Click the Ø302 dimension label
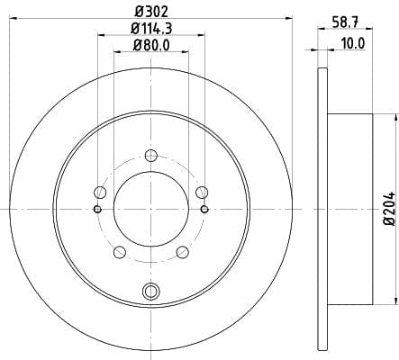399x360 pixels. [x=151, y=12]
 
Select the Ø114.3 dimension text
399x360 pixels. [x=151, y=29]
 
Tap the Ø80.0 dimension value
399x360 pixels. [x=151, y=46]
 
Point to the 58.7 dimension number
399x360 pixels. [x=345, y=22]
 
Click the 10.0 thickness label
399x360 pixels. [x=353, y=44]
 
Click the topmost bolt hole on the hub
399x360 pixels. [x=151, y=156]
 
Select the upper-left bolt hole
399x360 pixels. [x=100, y=193]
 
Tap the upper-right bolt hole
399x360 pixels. [x=202, y=193]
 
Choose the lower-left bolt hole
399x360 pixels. [x=120, y=252]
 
